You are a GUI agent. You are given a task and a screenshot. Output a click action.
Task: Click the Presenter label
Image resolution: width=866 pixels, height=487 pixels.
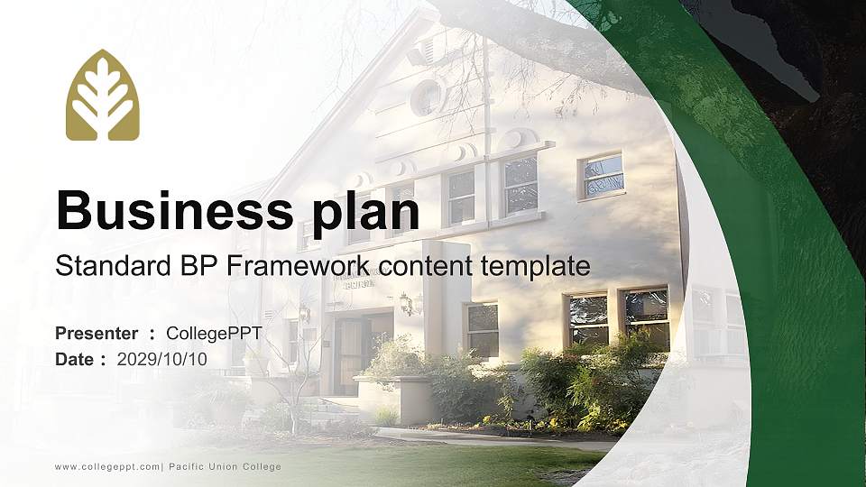(x=97, y=334)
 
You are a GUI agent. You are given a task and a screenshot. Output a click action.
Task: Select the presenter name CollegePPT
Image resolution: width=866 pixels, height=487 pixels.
(x=215, y=334)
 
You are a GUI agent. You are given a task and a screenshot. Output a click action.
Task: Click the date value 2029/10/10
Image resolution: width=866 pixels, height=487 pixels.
(x=162, y=359)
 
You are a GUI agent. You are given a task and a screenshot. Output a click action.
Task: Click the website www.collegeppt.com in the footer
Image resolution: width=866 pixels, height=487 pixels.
(x=107, y=466)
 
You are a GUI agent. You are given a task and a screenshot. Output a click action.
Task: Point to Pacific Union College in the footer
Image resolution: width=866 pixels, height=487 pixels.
(x=225, y=466)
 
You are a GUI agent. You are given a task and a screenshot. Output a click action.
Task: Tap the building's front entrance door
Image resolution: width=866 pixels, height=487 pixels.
(x=349, y=355)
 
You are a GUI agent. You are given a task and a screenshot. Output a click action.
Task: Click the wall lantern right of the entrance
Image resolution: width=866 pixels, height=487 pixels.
(x=406, y=304)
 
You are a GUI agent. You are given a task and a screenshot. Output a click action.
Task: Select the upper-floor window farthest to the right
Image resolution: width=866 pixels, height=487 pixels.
(x=603, y=175)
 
